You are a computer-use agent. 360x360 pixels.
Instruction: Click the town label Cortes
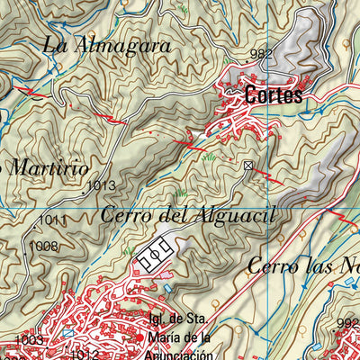pyautogui.click(x=273, y=95)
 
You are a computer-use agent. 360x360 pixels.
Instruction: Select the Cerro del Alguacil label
pyautogui.click(x=186, y=215)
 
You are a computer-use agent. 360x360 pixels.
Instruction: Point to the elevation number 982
pyautogui.click(x=261, y=55)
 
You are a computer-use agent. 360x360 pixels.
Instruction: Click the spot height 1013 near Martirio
pyautogui.click(x=102, y=186)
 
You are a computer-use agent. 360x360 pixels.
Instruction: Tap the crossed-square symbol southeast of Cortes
pyautogui.click(x=248, y=165)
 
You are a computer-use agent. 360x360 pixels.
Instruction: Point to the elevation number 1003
pyautogui.click(x=30, y=340)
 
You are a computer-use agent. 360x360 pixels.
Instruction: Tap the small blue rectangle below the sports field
pyautogui.click(x=166, y=288)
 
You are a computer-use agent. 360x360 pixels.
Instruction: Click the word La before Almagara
pyautogui.click(x=55, y=42)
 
